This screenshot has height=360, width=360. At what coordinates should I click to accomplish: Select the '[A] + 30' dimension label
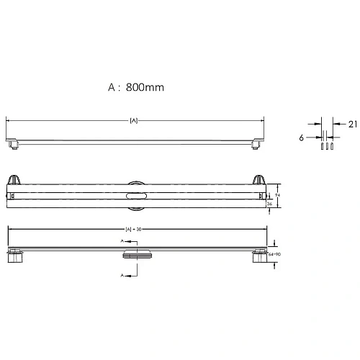coord(133,230)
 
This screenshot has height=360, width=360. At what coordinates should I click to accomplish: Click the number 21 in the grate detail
coord(352,124)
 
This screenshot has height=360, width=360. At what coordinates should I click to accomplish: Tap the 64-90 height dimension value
coord(274,254)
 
